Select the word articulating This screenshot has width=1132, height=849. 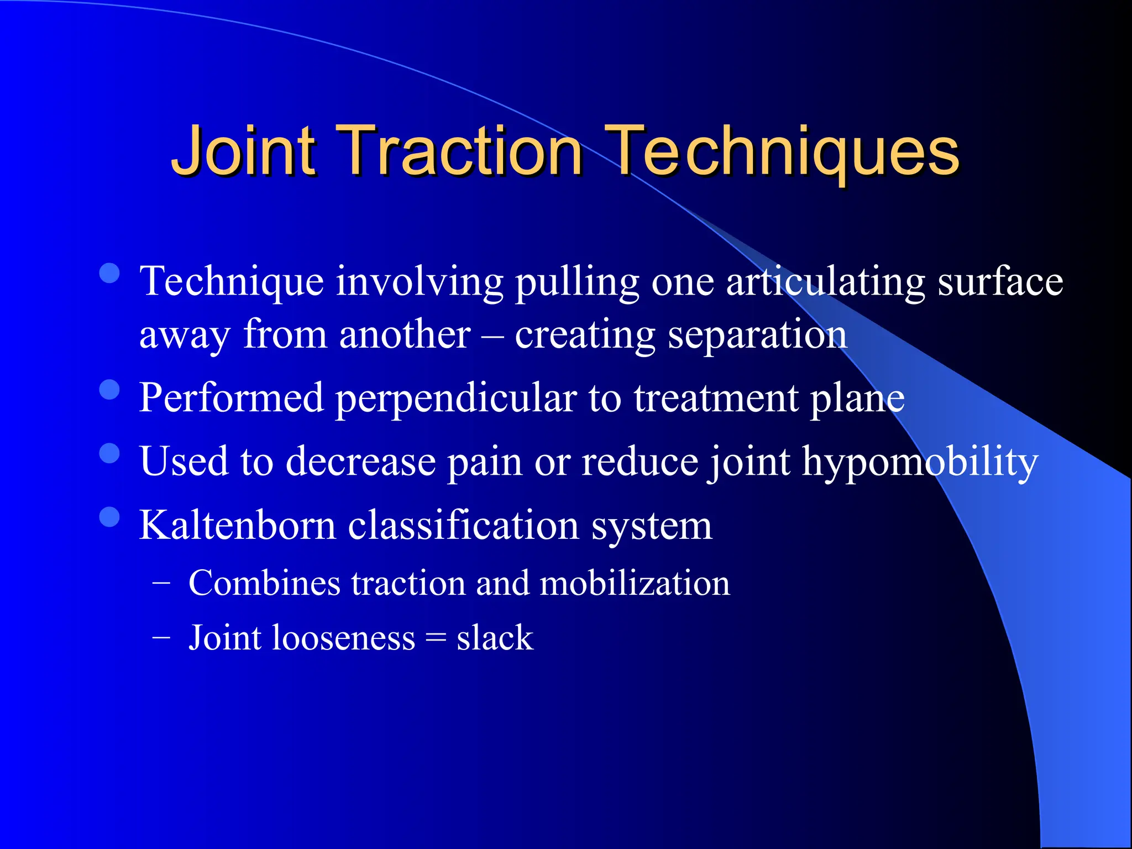pos(825,282)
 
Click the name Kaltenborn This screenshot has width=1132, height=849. pos(238,525)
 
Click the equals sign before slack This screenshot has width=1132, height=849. pos(436,639)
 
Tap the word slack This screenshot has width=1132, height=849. pos(495,638)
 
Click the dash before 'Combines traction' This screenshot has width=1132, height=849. pos(161,583)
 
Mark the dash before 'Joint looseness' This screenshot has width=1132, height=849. pos(161,637)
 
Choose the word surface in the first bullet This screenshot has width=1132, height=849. pos(1000,282)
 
